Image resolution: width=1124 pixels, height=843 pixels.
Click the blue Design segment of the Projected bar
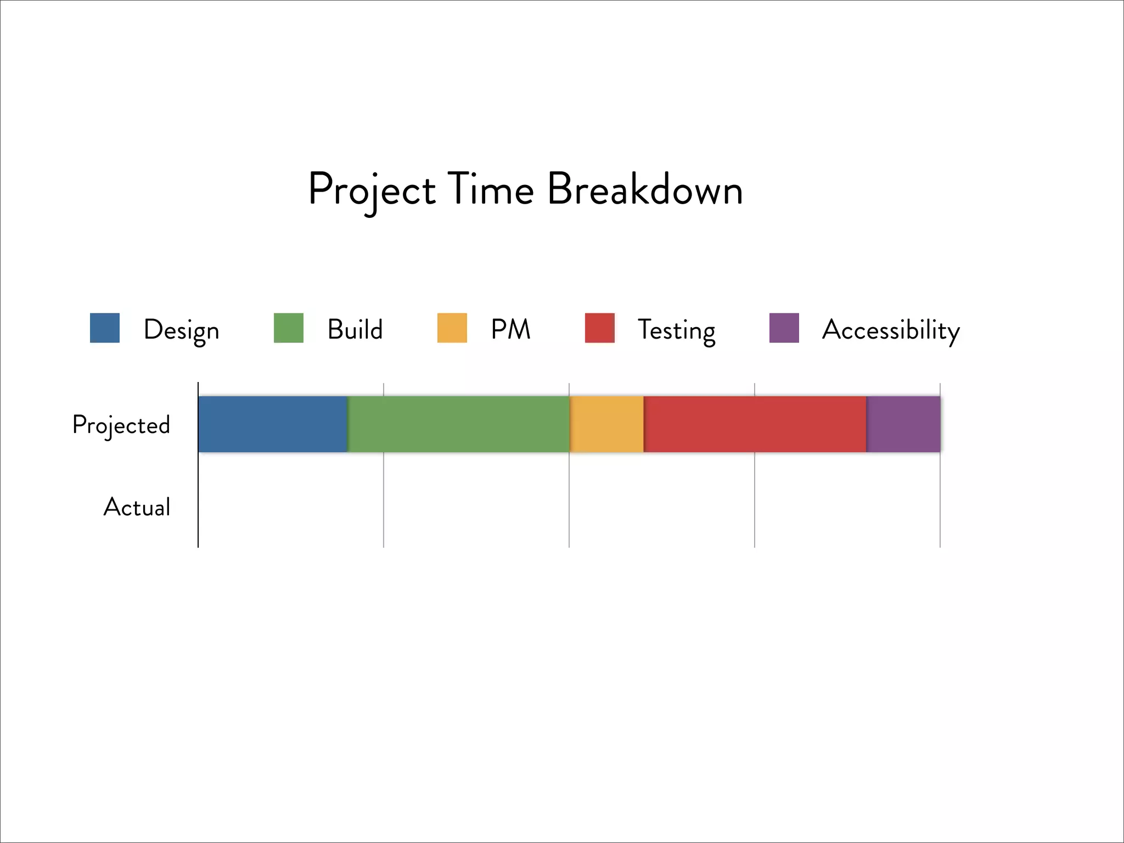click(x=273, y=424)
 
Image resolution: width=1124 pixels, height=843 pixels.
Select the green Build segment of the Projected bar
click(x=458, y=424)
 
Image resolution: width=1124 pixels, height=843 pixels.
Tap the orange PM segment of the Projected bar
click(x=606, y=424)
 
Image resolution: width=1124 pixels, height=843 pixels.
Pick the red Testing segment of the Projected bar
click(x=755, y=424)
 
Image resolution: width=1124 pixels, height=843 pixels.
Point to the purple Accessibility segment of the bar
click(x=903, y=424)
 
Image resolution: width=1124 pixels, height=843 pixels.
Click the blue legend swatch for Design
click(x=105, y=328)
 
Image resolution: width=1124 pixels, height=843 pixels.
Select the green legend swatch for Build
click(x=289, y=328)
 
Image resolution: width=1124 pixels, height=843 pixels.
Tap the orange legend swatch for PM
click(x=452, y=328)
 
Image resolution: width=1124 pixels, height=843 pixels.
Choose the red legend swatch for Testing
click(x=600, y=328)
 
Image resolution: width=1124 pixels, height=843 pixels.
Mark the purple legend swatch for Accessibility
click(x=784, y=328)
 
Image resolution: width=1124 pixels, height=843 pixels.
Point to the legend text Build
click(x=355, y=329)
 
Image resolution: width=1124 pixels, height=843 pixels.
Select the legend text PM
click(x=510, y=329)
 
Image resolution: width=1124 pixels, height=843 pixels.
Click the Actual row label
click(x=137, y=507)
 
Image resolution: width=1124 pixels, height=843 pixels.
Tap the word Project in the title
click(x=372, y=190)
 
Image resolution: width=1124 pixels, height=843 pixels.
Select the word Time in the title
click(x=491, y=189)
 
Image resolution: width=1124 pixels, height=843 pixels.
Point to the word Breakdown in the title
click(x=645, y=189)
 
